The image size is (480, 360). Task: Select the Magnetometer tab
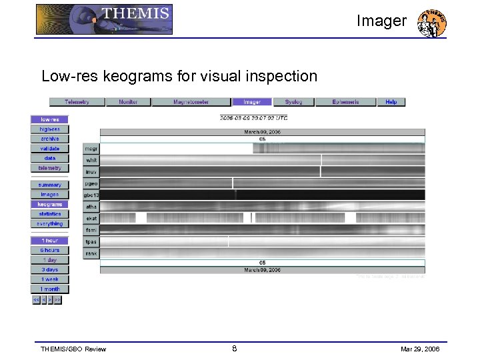[x=191, y=102]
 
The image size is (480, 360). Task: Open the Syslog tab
[x=293, y=102]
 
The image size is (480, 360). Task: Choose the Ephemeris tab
[x=346, y=102]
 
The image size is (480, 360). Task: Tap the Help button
[x=391, y=102]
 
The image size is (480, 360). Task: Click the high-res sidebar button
[x=49, y=129]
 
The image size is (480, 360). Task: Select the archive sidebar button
[x=49, y=139]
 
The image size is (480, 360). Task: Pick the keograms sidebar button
[x=49, y=204]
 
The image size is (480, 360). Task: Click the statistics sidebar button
[x=49, y=214]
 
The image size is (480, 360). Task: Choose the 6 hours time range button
[x=49, y=250]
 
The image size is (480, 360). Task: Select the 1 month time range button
[x=49, y=289]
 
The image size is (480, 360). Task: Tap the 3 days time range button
[x=49, y=270]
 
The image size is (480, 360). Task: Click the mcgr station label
[x=91, y=149]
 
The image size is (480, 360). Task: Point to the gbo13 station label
[x=91, y=195]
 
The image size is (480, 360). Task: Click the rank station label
[x=91, y=253]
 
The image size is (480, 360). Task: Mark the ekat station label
[x=91, y=218]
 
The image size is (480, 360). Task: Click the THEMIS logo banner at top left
[x=104, y=19]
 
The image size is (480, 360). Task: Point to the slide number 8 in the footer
[x=234, y=348]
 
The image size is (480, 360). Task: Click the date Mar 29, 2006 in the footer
[x=420, y=349]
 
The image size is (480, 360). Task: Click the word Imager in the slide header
[x=381, y=21]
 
